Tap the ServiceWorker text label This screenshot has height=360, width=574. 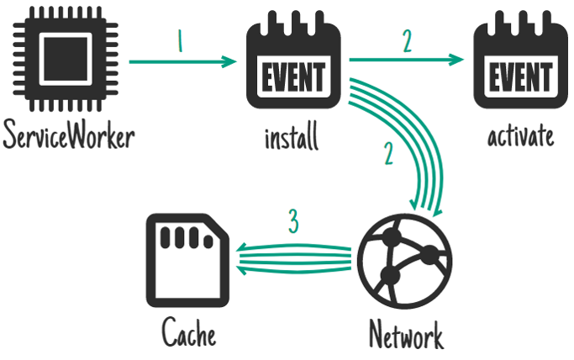(67, 135)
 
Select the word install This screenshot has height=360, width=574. (291, 135)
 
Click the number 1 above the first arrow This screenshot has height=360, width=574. (179, 43)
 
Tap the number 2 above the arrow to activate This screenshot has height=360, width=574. (407, 42)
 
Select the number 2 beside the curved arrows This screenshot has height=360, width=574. (388, 155)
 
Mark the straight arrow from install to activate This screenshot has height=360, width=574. (407, 60)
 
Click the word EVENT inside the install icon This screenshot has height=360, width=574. (292, 80)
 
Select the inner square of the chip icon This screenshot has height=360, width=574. (67, 61)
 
